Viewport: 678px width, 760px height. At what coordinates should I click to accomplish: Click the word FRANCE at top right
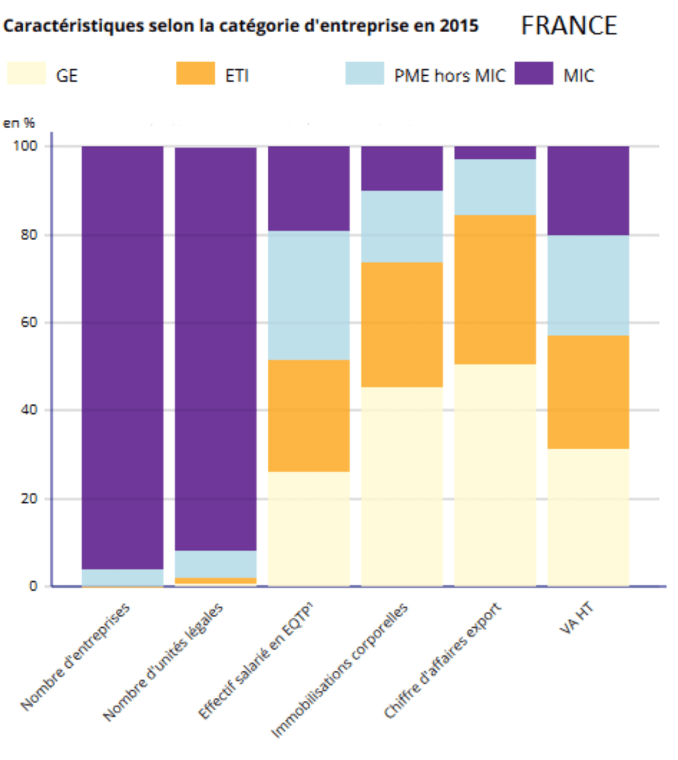tap(569, 26)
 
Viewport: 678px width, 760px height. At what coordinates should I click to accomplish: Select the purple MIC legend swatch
tap(533, 73)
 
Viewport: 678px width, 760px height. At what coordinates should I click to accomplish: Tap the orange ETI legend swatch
tap(195, 73)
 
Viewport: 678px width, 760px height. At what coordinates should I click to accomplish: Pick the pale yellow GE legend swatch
tap(27, 73)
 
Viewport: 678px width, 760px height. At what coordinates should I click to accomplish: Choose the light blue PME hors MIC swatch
tap(364, 73)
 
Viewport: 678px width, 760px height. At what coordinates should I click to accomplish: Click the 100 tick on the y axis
tap(25, 146)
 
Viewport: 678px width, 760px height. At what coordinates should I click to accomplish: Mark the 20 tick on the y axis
tap(29, 498)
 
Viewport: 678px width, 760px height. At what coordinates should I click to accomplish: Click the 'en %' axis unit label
tap(19, 123)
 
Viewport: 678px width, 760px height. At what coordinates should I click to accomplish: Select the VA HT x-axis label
tap(576, 619)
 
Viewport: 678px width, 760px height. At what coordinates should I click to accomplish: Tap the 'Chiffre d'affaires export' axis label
tap(442, 661)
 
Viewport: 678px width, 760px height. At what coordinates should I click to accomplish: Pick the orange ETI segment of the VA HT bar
tap(588, 392)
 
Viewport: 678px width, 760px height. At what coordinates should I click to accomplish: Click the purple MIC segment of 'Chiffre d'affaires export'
tap(495, 153)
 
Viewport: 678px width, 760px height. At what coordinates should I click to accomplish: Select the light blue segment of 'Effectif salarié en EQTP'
tap(308, 295)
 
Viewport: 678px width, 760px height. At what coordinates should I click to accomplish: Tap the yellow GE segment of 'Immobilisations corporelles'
tap(402, 486)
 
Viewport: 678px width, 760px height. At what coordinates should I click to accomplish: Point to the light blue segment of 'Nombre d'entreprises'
tap(123, 577)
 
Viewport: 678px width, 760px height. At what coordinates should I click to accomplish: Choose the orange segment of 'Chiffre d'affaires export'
tap(495, 289)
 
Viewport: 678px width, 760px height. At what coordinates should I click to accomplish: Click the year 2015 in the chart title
tap(459, 25)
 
